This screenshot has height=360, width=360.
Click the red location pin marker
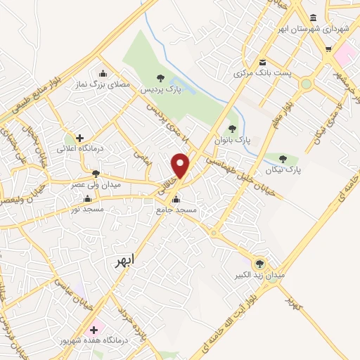click(x=181, y=166)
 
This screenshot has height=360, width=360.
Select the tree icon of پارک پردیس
click(x=162, y=78)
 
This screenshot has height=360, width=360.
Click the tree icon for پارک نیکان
click(x=283, y=159)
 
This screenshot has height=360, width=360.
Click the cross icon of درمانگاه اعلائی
click(x=80, y=138)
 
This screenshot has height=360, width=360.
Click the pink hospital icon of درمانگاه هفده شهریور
click(x=93, y=329)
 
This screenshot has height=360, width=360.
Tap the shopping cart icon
click(x=328, y=49)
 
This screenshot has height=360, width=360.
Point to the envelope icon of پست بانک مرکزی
click(x=262, y=62)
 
